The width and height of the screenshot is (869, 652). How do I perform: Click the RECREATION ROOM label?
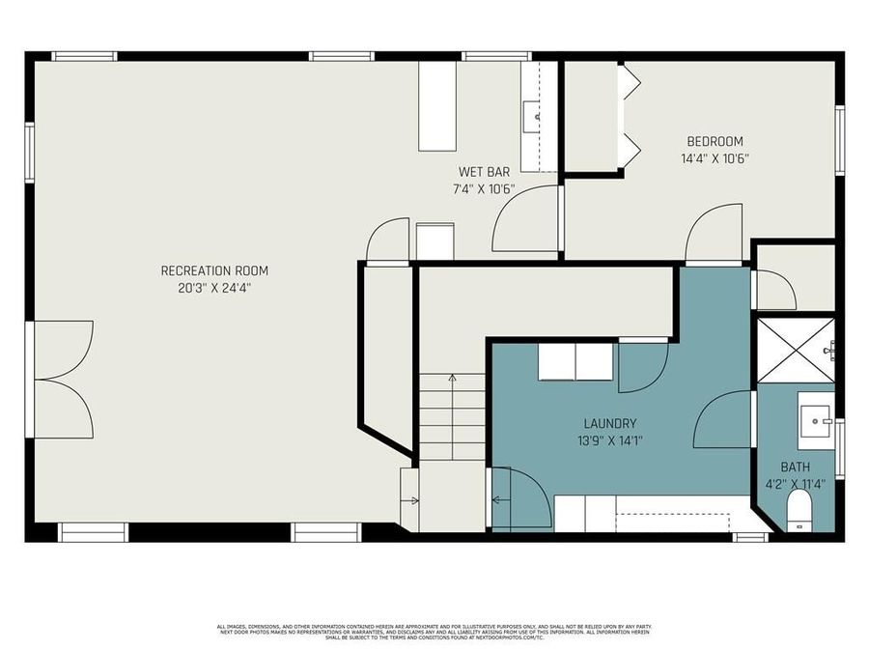click(214, 270)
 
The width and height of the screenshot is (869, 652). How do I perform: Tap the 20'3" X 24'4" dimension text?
click(214, 287)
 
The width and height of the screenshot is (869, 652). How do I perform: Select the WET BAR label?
click(484, 172)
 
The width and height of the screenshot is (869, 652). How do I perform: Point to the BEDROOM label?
click(715, 142)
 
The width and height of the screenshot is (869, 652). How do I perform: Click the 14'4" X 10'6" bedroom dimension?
click(715, 158)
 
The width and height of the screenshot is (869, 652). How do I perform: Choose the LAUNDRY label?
click(609, 423)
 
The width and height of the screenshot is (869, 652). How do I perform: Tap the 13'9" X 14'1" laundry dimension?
click(609, 440)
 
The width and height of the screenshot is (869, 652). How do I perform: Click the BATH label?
click(796, 467)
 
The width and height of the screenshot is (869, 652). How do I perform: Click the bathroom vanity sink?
click(816, 417)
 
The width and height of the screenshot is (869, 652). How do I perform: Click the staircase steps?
click(452, 415)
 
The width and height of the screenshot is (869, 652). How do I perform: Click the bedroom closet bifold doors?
click(631, 117)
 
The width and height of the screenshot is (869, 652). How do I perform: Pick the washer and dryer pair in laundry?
click(575, 362)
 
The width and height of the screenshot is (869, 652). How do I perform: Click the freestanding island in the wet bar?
click(435, 106)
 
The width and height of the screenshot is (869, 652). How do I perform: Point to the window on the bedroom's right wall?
click(840, 141)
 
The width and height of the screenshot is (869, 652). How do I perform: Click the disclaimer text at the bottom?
click(434, 633)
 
